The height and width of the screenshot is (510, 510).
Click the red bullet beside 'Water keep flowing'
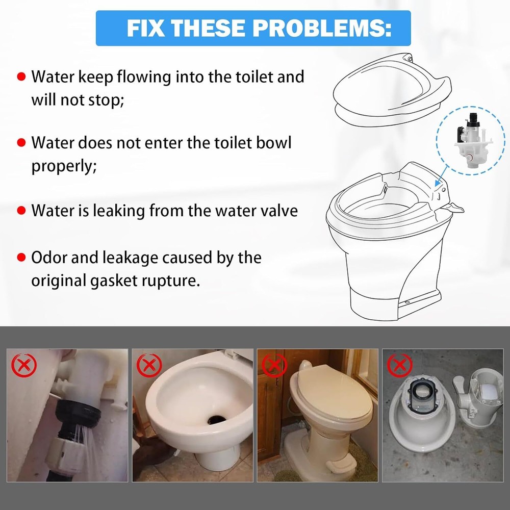tap(21, 78)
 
